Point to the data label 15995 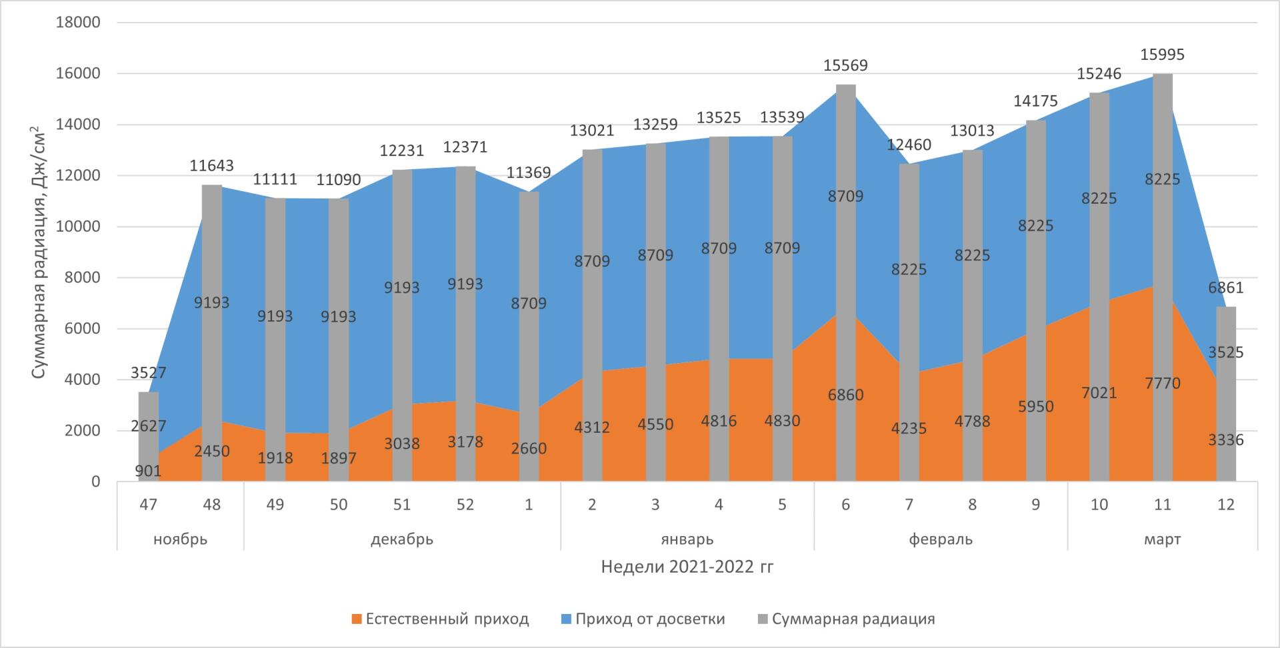[x=1162, y=55]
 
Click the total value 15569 [x=845, y=65]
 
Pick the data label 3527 [x=149, y=373]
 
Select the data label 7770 [x=1162, y=384]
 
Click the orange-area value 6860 [x=845, y=395]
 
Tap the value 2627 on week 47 [x=149, y=426]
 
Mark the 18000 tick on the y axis [x=79, y=23]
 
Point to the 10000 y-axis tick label [x=79, y=226]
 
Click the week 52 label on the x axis [x=465, y=505]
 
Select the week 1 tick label [x=529, y=505]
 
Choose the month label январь [x=687, y=539]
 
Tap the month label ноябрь [x=180, y=539]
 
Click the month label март [x=1162, y=539]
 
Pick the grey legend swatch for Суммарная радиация [x=763, y=619]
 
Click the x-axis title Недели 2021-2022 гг [x=687, y=567]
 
